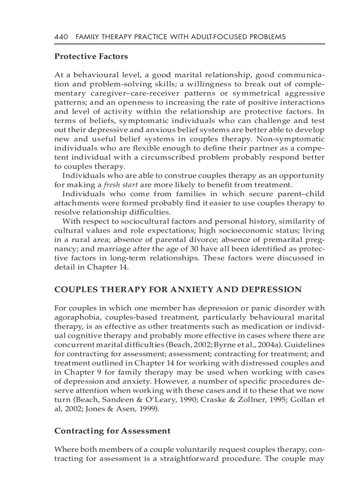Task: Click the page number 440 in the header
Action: [61, 37]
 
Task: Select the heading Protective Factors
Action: [91, 56]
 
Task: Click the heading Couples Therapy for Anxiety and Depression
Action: [178, 290]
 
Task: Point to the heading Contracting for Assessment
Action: [112, 431]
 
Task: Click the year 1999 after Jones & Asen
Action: [146, 409]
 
